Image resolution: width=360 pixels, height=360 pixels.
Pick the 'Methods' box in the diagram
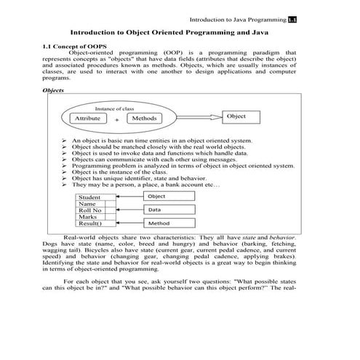coord(144,118)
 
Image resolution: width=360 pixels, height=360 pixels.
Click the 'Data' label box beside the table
coord(169,209)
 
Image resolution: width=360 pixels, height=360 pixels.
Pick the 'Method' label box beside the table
coord(169,223)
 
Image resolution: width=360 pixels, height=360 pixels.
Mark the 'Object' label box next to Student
coord(169,196)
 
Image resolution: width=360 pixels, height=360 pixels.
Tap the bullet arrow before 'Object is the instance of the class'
coord(65,172)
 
